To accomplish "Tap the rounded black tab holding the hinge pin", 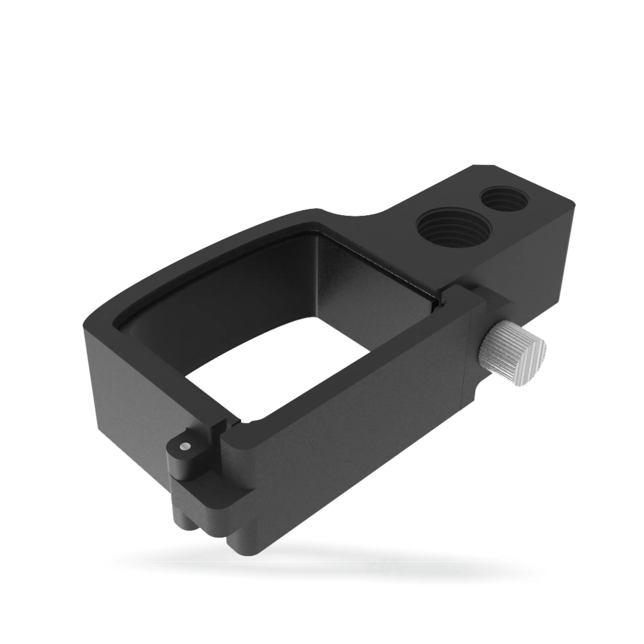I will (182, 458).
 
